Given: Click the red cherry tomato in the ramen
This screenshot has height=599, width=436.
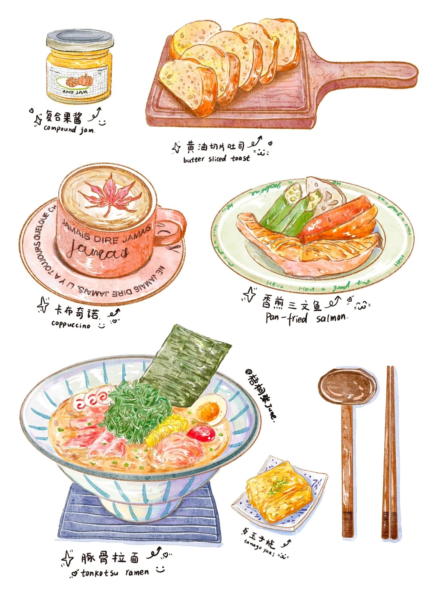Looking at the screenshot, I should [x=201, y=434].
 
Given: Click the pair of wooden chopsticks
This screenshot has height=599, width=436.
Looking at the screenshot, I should [x=390, y=452].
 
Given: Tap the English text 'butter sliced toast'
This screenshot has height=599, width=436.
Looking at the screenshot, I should [x=216, y=159].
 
